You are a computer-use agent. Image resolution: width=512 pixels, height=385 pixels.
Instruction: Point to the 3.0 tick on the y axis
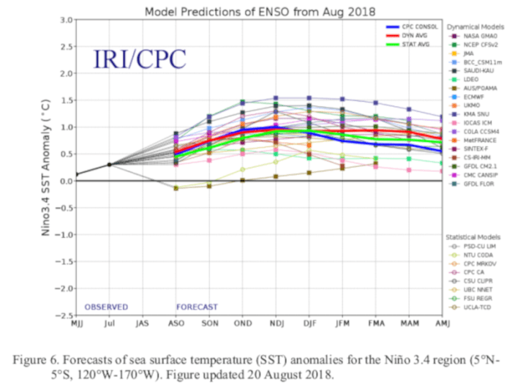[x=65, y=20]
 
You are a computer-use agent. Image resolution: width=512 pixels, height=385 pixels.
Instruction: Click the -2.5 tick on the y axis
[x=62, y=315]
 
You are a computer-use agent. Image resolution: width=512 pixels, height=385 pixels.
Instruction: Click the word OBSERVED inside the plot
[x=107, y=306]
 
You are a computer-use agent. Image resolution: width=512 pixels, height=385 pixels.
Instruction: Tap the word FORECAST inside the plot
[x=197, y=306]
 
